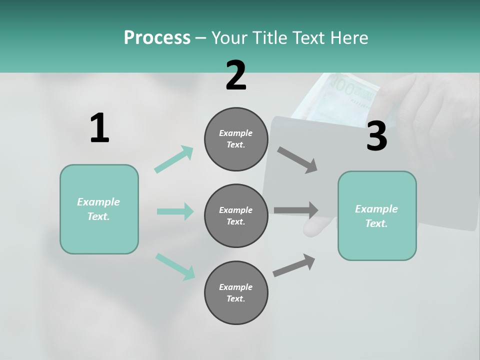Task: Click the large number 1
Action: [99, 128]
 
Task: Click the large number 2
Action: [236, 75]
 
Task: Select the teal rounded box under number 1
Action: [99, 209]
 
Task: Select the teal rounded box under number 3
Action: [377, 216]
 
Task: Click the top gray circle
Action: [236, 139]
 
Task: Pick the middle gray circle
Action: [236, 216]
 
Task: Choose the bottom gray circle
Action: [236, 293]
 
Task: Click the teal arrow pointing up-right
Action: [174, 159]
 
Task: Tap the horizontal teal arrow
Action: [175, 211]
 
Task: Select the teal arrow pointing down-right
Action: [175, 266]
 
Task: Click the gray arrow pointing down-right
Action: [297, 160]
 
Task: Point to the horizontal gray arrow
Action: [296, 210]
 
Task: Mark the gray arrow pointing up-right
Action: [294, 265]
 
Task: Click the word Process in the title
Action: [157, 37]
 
